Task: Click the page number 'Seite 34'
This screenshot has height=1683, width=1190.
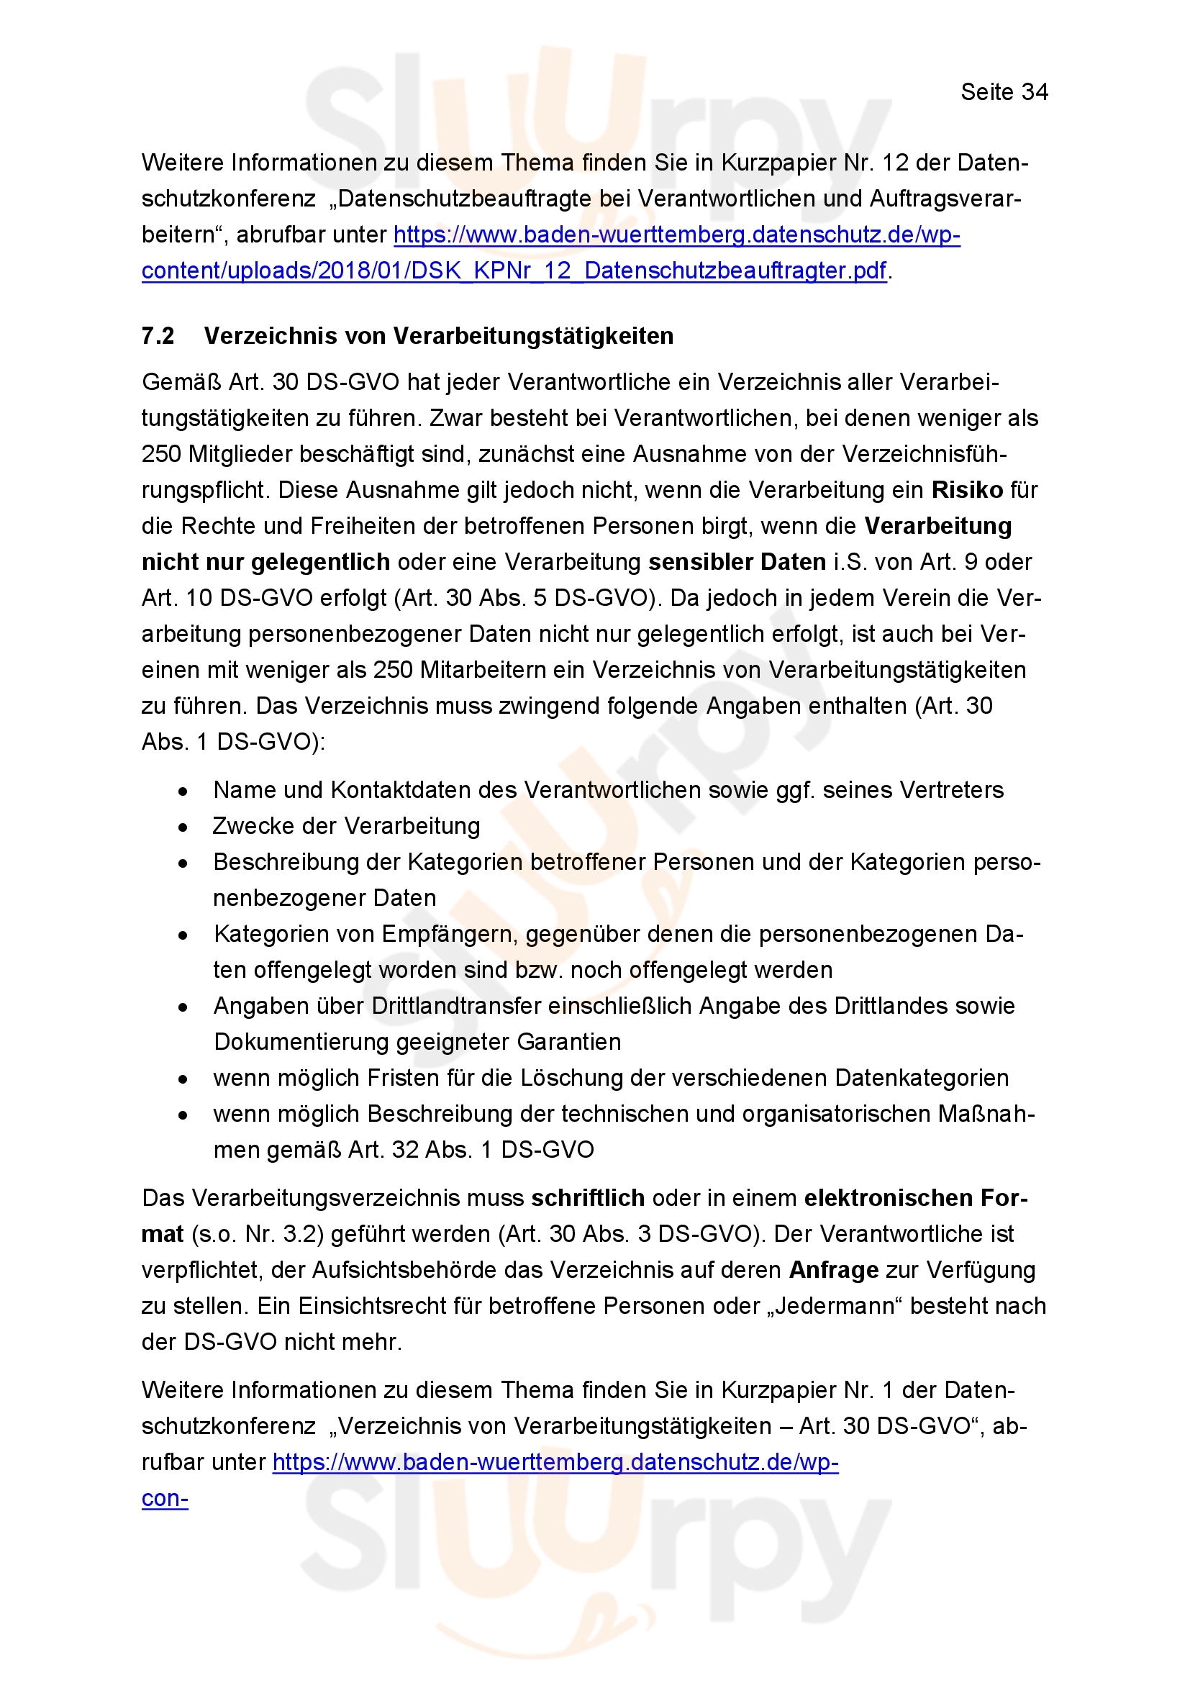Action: pos(1004,92)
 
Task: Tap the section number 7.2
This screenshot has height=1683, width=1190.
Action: pos(158,336)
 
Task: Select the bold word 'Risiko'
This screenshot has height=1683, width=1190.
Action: pos(967,490)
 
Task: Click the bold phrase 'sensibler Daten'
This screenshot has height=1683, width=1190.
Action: pos(737,561)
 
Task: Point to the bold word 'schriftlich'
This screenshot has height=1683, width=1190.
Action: pos(588,1198)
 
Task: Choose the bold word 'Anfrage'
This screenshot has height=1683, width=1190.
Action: pos(834,1269)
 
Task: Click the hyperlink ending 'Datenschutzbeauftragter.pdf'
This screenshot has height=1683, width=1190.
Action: pos(514,271)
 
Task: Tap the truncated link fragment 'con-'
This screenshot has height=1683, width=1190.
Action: pos(165,1498)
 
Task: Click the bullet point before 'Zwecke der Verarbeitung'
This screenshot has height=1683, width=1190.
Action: pos(183,827)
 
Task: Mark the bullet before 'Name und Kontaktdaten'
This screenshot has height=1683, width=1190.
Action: pos(183,791)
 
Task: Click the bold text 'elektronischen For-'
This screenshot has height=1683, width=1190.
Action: pos(916,1198)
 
